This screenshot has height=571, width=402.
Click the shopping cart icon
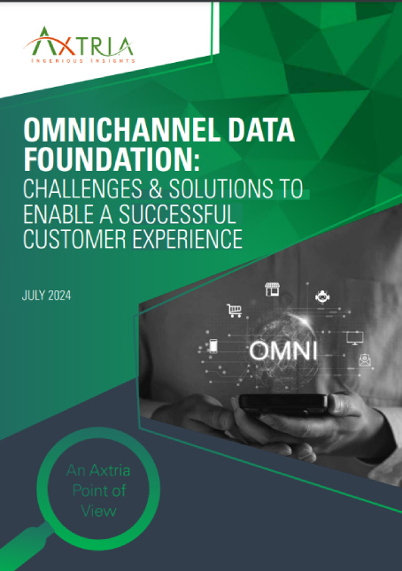point(235,310)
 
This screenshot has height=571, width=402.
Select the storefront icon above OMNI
point(273,289)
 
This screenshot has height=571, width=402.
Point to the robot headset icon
point(322,297)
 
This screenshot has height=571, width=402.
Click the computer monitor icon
point(355,336)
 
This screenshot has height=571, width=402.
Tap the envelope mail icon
point(364,359)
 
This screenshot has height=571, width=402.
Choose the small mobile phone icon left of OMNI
point(213,346)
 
